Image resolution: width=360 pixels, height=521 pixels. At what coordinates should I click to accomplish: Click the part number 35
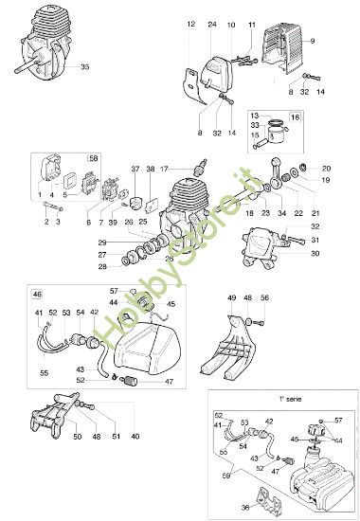pos(85,67)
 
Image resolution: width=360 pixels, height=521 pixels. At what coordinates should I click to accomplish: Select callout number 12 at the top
pos(190,22)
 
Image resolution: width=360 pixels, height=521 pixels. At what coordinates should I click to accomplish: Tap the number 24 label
pos(211,22)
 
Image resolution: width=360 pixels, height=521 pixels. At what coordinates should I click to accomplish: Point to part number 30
pos(315,253)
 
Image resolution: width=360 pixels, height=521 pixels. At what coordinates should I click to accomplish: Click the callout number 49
pos(230,297)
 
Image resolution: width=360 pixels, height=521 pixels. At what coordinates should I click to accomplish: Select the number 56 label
pos(264,297)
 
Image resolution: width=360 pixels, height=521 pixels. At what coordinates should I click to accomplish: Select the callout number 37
pos(135,168)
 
